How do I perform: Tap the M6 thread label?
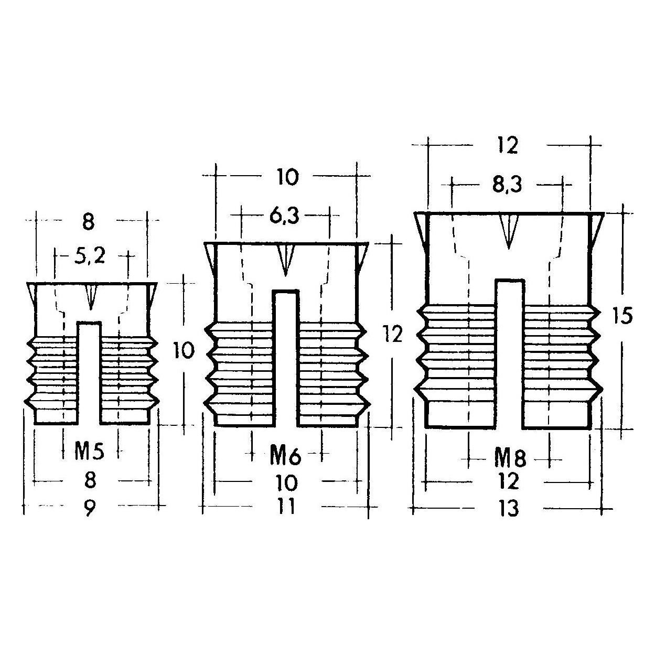[x=285, y=456]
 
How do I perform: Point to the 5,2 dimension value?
[x=90, y=256]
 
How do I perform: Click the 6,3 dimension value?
[x=285, y=216]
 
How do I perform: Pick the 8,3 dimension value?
[x=507, y=185]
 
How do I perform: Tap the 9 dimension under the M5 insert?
[x=89, y=508]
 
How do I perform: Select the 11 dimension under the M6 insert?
[x=286, y=506]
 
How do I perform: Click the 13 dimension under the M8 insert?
[x=510, y=509]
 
